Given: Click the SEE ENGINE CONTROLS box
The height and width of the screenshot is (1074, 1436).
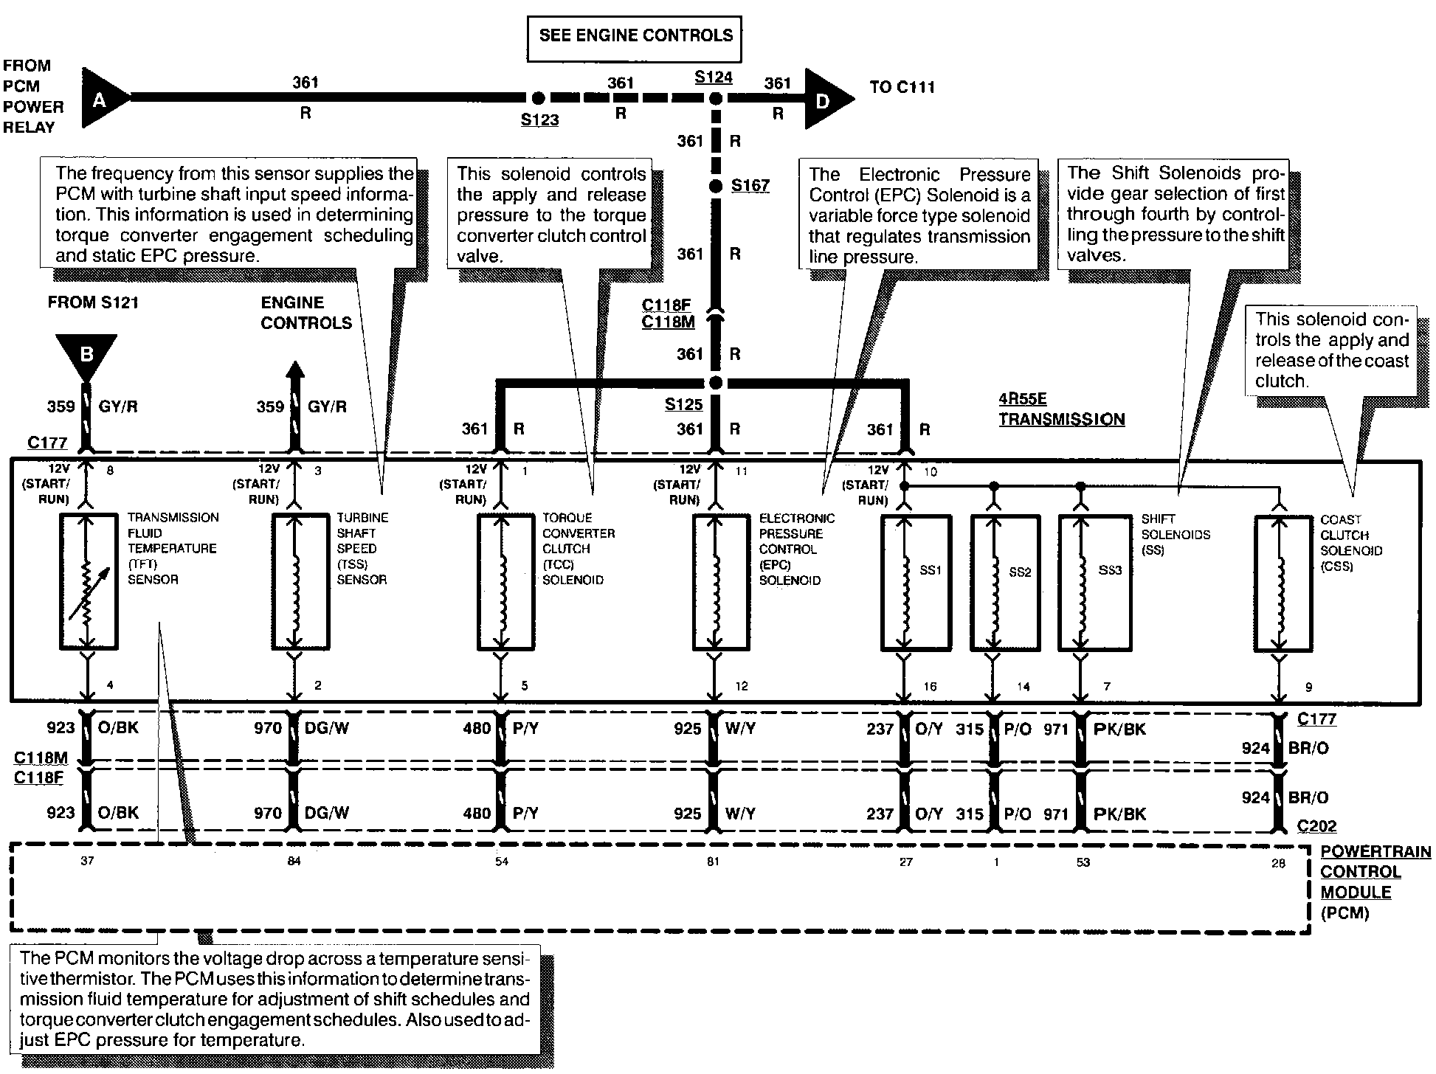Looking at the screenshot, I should [x=635, y=36].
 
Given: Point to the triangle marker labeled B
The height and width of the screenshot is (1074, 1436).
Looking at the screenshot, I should [x=86, y=356].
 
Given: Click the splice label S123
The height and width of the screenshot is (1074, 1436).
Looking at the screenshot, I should [x=539, y=120].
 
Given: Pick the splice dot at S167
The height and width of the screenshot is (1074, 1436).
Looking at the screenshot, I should [x=714, y=186].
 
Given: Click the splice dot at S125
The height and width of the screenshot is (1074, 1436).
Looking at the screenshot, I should [x=714, y=384].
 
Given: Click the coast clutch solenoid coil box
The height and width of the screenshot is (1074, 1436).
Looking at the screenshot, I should [x=1283, y=583].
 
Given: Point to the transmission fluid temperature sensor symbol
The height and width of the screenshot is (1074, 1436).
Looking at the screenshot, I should [x=88, y=582].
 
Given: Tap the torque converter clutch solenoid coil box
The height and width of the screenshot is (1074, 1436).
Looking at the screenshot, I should [x=505, y=583].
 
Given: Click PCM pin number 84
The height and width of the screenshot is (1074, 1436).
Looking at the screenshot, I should [x=294, y=861].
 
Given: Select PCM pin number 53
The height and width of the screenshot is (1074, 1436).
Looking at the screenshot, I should [x=1083, y=862].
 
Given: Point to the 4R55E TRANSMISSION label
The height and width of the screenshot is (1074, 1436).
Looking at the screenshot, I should [x=1061, y=409].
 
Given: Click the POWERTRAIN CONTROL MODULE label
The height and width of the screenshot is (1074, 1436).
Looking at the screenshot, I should [x=1374, y=881].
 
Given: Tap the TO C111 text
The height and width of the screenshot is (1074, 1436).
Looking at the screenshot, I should [x=902, y=87].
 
